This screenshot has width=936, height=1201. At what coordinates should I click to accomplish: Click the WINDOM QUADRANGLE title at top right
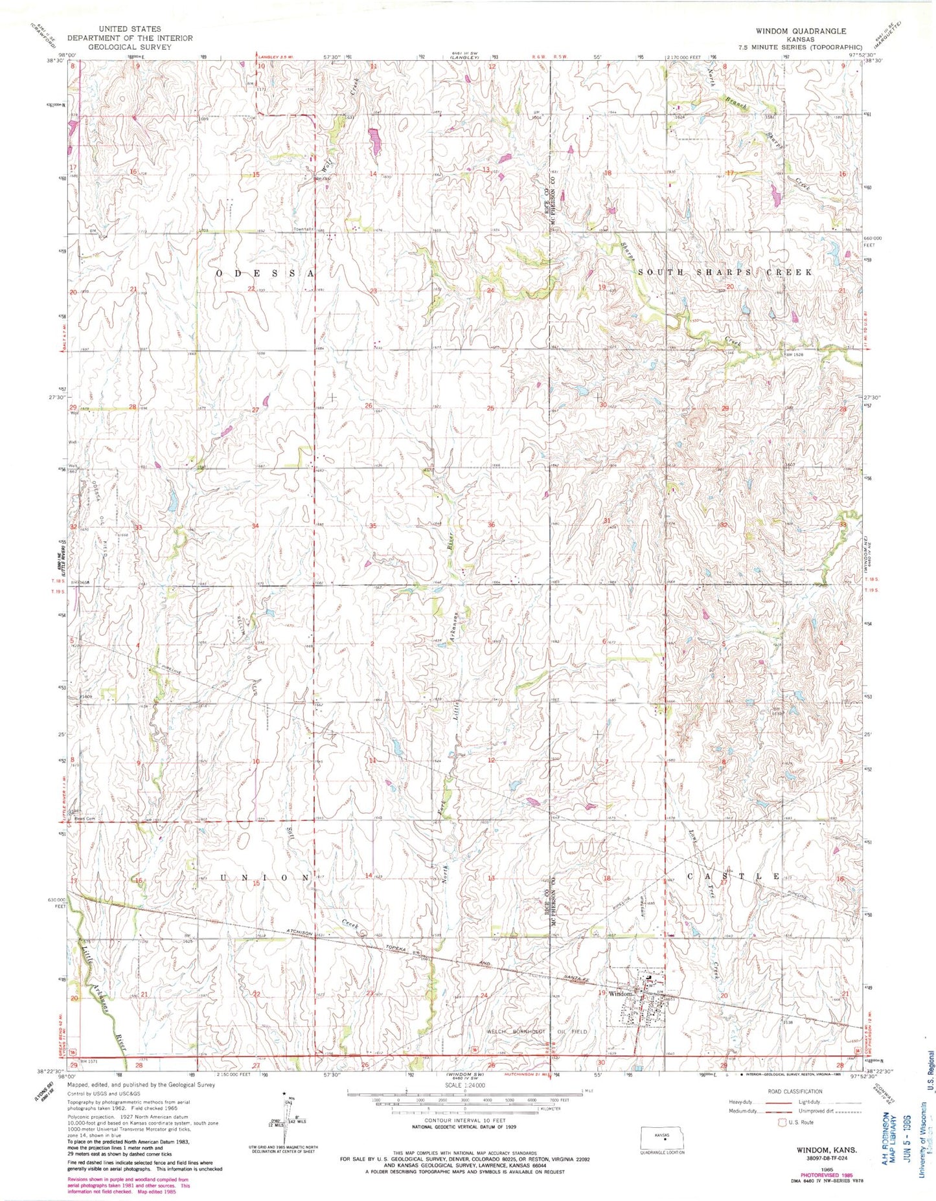800,31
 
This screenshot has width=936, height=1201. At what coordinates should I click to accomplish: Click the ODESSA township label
265,274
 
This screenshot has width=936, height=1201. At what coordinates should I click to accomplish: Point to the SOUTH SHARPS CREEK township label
725,273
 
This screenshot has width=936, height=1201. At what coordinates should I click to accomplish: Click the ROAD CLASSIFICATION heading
795,1092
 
